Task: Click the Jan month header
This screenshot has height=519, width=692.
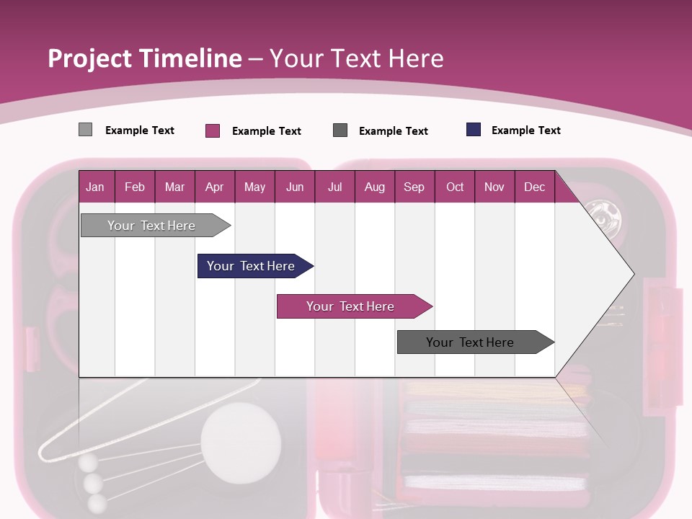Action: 95,187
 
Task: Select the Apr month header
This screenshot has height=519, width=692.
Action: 214,187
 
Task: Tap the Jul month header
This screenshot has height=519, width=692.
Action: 334,187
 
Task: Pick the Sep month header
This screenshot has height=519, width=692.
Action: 414,187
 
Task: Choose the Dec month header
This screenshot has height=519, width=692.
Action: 534,187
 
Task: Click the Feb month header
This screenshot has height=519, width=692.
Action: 135,187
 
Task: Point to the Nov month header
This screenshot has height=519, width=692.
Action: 494,187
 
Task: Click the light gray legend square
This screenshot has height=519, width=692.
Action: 85,130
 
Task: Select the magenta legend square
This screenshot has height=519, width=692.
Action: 212,130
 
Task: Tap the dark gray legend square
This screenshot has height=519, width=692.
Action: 340,130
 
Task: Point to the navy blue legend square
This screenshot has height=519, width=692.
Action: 474,130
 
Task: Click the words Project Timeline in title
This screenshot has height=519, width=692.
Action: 144,58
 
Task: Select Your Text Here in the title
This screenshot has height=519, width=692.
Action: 356,58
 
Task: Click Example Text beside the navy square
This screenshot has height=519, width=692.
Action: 525,130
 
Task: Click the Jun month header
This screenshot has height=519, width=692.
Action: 295,187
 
